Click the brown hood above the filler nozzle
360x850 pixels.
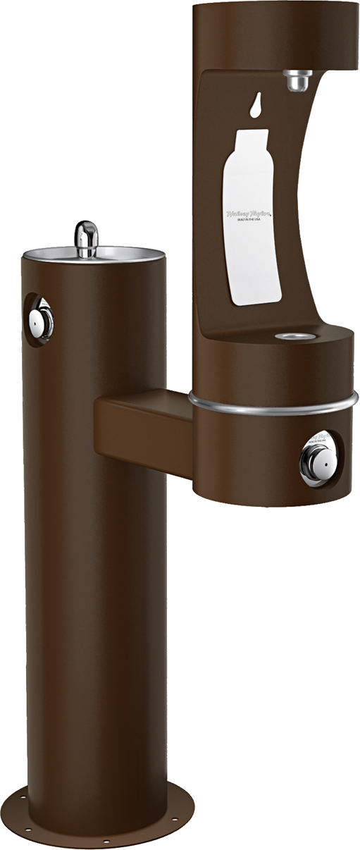click(x=275, y=32)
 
